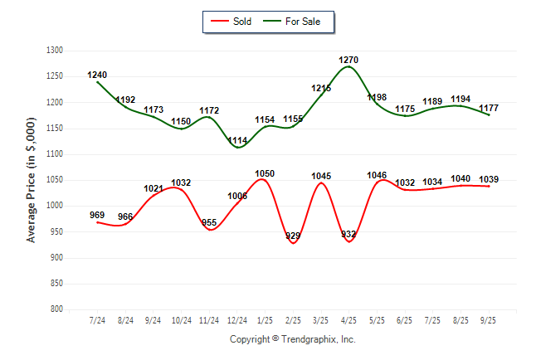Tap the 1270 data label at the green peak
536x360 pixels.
pyautogui.click(x=348, y=61)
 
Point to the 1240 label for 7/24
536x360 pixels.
pyautogui.click(x=97, y=75)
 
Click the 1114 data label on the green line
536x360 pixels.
pyautogui.click(x=237, y=140)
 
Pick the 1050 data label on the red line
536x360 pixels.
pyautogui.click(x=265, y=173)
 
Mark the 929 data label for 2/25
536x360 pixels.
pyautogui.click(x=293, y=236)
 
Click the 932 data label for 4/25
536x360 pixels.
pyautogui.click(x=348, y=235)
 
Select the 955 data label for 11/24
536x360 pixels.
pyautogui.click(x=209, y=223)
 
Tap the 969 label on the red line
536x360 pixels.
pyautogui.click(x=97, y=216)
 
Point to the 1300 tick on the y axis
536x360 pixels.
pyautogui.click(x=55, y=51)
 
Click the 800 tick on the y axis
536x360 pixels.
pyautogui.click(x=57, y=309)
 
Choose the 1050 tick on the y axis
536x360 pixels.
pyautogui.click(x=55, y=180)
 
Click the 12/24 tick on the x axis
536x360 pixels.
pyautogui.click(x=236, y=320)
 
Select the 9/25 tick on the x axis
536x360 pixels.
pyautogui.click(x=488, y=320)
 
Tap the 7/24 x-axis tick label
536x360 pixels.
pyautogui.click(x=97, y=320)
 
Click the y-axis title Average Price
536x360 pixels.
pyautogui.click(x=32, y=180)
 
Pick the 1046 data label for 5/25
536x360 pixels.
pyautogui.click(x=377, y=176)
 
